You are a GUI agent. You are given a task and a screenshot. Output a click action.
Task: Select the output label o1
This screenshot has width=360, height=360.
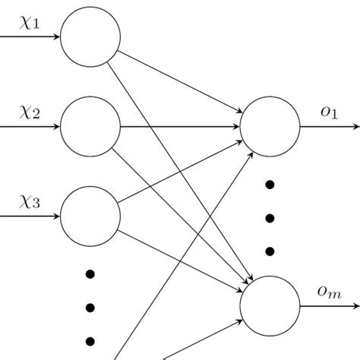329,112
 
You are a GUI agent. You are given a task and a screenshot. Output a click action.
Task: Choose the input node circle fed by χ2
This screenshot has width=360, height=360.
90,126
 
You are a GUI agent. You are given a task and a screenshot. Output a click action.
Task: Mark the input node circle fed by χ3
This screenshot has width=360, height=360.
90,216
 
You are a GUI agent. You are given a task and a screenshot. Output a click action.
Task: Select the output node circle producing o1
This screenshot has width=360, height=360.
270,126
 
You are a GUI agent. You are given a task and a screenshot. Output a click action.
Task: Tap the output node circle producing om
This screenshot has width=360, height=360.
270,306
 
